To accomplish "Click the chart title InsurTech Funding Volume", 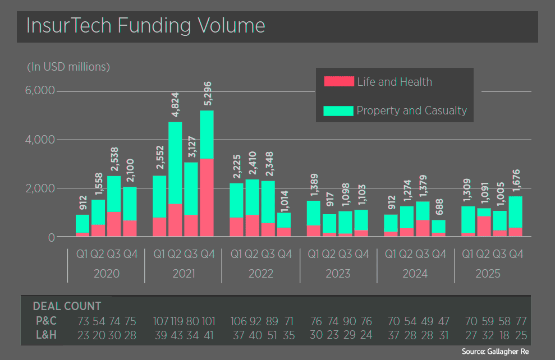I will coord(146,26).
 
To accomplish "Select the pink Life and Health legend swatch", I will coord(339,82).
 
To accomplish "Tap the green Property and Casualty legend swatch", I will coord(339,110).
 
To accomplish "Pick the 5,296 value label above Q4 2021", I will coord(207,93).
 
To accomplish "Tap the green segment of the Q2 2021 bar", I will coord(176,163).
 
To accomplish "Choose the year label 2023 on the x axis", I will coord(338,274).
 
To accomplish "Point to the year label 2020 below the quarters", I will coord(107,274).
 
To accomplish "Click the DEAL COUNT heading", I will coord(67,306).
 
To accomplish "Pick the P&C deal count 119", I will coord(177,321).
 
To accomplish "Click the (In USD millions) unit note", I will coord(68,67).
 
